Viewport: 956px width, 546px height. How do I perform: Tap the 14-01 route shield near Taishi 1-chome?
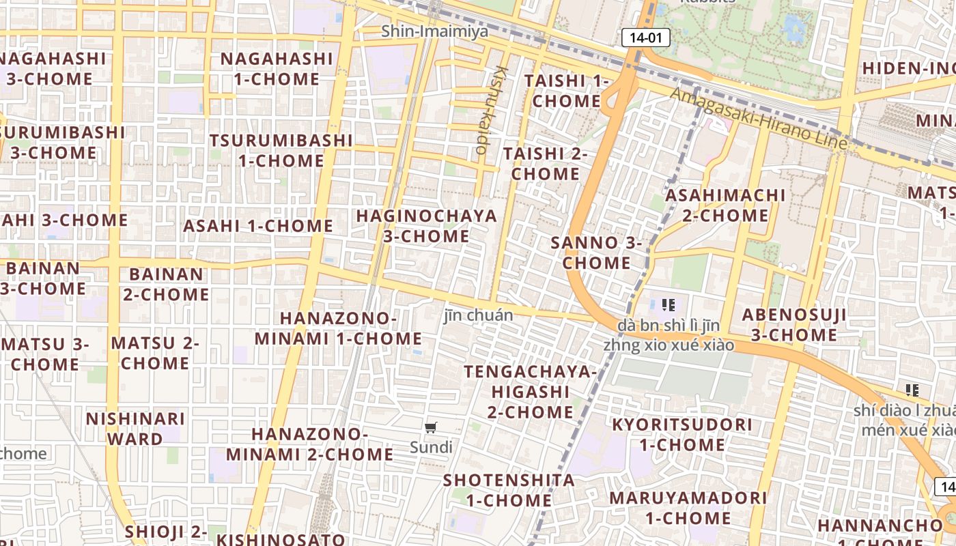click(645, 38)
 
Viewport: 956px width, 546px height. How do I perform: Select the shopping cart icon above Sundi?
click(430, 428)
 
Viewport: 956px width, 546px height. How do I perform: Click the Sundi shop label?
click(431, 448)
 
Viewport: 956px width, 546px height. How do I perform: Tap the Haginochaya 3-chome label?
click(427, 227)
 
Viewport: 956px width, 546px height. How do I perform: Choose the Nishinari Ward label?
click(135, 429)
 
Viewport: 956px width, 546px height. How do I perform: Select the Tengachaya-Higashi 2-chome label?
click(530, 392)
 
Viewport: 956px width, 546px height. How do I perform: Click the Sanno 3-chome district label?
click(597, 253)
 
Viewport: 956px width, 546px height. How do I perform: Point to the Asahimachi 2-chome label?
click(725, 205)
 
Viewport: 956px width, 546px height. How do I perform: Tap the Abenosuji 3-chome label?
click(794, 325)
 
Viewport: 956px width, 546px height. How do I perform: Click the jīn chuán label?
click(478, 315)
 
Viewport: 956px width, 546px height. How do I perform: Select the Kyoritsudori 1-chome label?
click(681, 435)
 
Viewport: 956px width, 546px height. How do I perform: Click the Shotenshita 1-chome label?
click(509, 490)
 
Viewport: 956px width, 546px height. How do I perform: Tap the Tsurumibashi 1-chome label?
click(281, 151)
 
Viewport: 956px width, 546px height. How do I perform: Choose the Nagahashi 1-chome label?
click(277, 69)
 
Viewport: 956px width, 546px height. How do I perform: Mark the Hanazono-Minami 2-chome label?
click(309, 444)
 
